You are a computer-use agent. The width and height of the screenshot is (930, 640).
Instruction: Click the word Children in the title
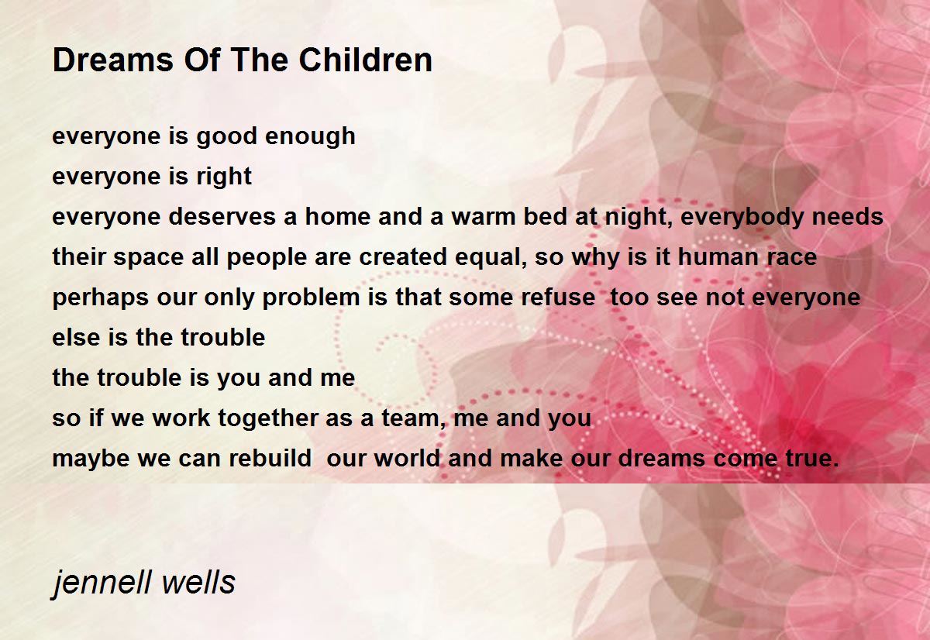coord(365,60)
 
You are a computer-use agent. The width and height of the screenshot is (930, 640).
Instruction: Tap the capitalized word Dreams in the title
coord(112,60)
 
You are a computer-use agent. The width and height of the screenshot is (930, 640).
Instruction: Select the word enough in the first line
coord(310,137)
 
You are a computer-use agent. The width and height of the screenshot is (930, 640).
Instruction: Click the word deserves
coord(222,217)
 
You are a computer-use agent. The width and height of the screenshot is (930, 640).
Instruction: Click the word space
coord(148,258)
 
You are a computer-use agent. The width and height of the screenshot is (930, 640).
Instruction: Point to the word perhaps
coord(101,298)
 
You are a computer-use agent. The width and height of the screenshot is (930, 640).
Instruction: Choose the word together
coord(268,418)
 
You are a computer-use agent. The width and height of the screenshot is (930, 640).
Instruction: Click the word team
coord(412,418)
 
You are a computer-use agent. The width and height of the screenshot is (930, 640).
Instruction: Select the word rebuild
coord(270,458)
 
